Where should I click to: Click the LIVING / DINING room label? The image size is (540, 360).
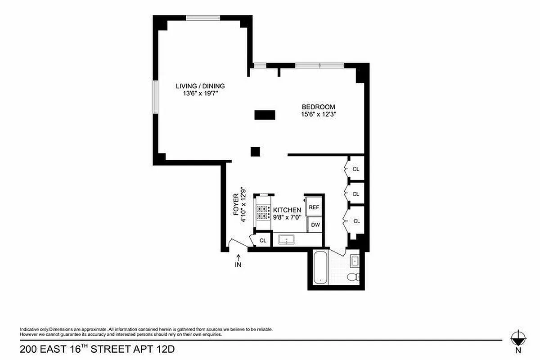coord(200,86)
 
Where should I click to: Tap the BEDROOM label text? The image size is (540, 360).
coord(318,107)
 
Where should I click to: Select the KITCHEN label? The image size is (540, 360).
coord(287,210)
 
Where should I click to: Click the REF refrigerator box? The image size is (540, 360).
coord(314,207)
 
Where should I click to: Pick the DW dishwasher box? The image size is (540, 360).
coord(315,225)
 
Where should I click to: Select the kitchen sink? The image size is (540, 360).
coord(285,239)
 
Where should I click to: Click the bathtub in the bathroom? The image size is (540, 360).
coord(319,268)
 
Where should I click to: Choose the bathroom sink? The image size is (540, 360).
coord(354,261)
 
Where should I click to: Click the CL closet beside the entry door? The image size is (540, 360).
coord(263,240)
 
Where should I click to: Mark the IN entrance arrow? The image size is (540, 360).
coord(238,261)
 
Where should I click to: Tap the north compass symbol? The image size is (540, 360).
coord(518,338)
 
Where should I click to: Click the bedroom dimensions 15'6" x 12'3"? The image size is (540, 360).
coord(319,114)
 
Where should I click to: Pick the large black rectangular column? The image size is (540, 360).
coord(265,115)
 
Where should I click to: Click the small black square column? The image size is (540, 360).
coord(255,151)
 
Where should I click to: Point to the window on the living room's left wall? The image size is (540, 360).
coord(154,97)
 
